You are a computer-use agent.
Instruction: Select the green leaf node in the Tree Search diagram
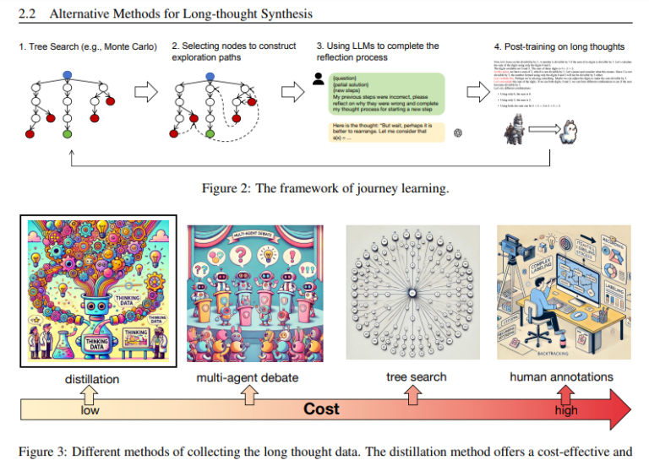(x=67, y=134)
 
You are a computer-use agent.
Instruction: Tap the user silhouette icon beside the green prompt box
(x=318, y=78)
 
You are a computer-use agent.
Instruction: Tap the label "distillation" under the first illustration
(x=92, y=379)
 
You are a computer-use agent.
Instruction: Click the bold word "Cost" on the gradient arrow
(x=321, y=409)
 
